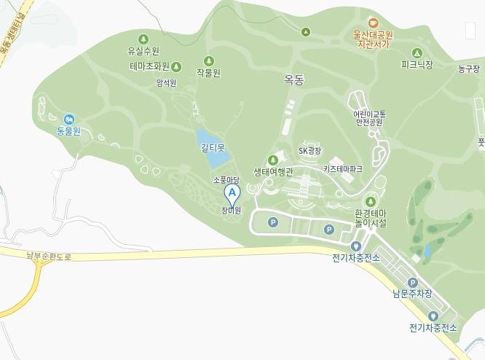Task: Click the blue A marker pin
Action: (x=232, y=194)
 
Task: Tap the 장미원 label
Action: (x=232, y=211)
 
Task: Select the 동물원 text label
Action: (x=69, y=132)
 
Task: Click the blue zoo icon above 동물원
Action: (x=69, y=119)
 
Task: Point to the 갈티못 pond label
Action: (x=213, y=147)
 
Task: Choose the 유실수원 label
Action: (x=143, y=51)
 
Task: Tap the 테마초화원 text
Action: (x=150, y=66)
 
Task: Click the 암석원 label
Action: (x=166, y=83)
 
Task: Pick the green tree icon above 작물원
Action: (x=208, y=60)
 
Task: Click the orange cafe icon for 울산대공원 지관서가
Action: (x=374, y=23)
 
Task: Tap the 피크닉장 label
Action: (x=417, y=65)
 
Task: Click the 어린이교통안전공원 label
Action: (x=368, y=118)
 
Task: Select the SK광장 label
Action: (x=309, y=151)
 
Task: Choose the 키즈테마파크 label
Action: (x=343, y=169)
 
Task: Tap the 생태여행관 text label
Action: (x=273, y=172)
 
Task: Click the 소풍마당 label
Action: (x=226, y=179)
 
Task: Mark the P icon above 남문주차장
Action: (x=412, y=283)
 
